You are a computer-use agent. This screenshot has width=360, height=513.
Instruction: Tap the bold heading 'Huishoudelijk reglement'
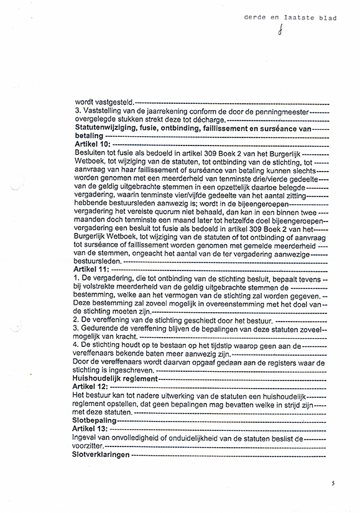pos(114,378)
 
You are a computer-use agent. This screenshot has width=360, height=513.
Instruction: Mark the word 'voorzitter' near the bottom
pos(90,446)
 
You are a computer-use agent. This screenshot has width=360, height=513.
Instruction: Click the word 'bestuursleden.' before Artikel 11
pos(98,262)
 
